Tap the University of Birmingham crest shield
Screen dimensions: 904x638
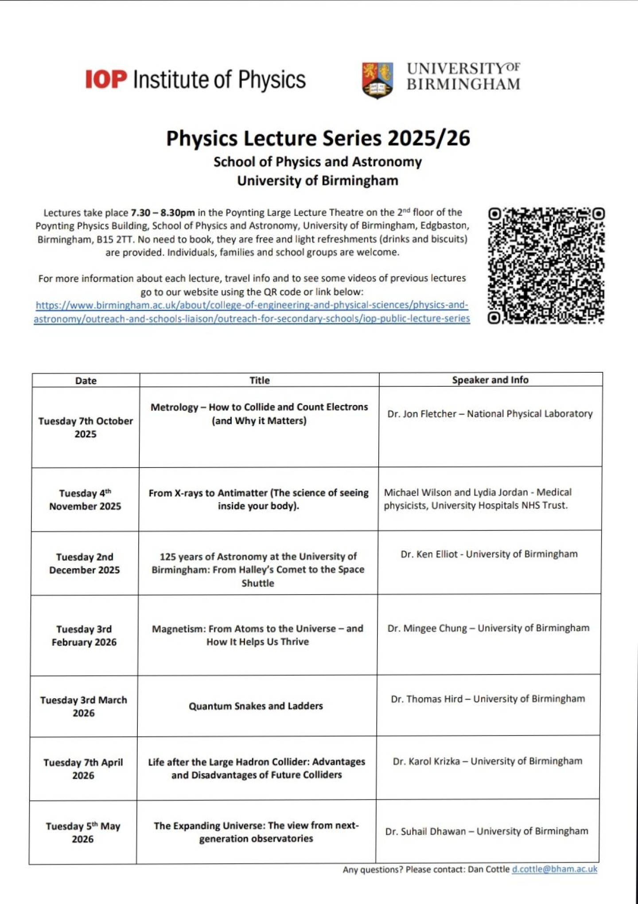pyautogui.click(x=377, y=80)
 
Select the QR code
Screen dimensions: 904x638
pyautogui.click(x=546, y=265)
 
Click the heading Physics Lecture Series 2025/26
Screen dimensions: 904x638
pyautogui.click(x=318, y=138)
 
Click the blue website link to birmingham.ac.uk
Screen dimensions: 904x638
pyautogui.click(x=252, y=312)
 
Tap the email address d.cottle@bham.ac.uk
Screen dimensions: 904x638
pyautogui.click(x=554, y=869)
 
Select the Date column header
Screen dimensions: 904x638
pyautogui.click(x=86, y=381)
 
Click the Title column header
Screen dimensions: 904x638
pyautogui.click(x=259, y=380)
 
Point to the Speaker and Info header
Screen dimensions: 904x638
pyautogui.click(x=490, y=380)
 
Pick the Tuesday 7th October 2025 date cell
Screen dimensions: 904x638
pyautogui.click(x=85, y=427)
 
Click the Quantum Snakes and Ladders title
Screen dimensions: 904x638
pyautogui.click(x=256, y=706)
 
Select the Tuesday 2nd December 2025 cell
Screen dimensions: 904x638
pyautogui.click(x=84, y=563)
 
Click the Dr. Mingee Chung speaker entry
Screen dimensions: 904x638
pyautogui.click(x=427, y=628)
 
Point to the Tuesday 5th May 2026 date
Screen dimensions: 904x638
pyautogui.click(x=83, y=832)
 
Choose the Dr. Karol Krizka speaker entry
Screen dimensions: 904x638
pyautogui.click(x=426, y=761)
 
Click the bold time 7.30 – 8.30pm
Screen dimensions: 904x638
pyautogui.click(x=163, y=213)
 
